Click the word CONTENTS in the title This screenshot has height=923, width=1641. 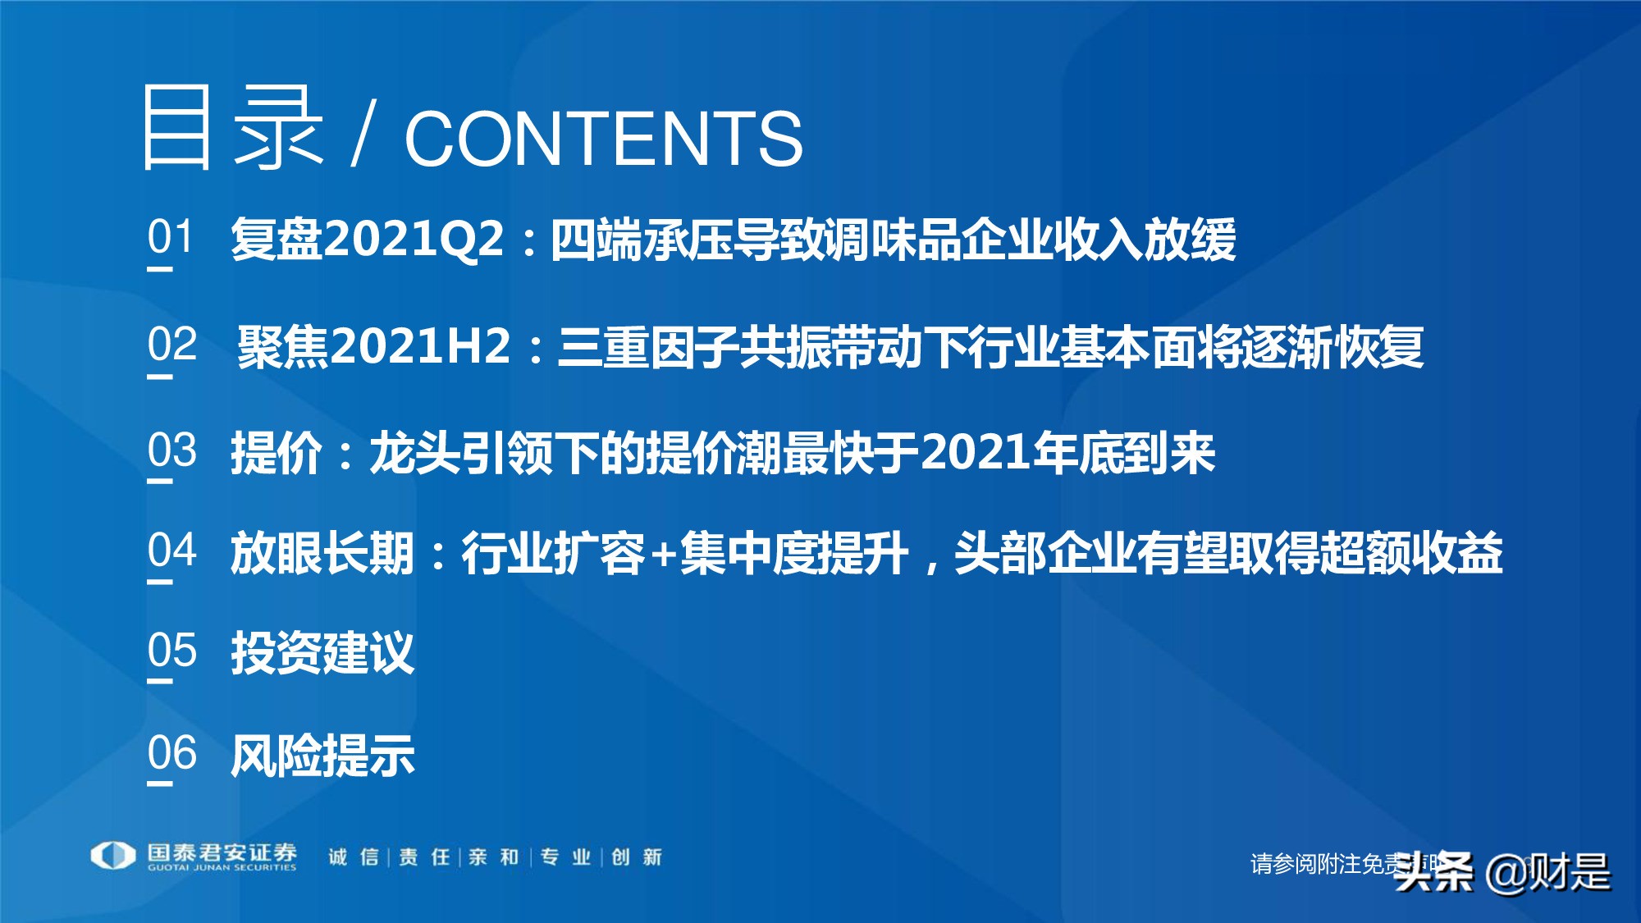pos(603,138)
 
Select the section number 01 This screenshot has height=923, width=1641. pos(171,237)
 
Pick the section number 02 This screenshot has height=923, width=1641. pos(172,344)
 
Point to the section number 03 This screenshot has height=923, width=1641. pos(172,450)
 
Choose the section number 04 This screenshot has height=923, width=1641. pos(172,550)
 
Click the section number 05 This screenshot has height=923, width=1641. pos(172,651)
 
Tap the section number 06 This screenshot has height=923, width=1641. pos(172,752)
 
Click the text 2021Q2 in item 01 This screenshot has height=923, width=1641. pos(414,239)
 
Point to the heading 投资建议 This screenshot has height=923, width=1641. pos(322,653)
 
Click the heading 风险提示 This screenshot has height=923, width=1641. pos(322,755)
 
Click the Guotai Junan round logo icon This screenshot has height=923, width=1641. pos(112,856)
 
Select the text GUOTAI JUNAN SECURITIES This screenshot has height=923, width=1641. pos(222,867)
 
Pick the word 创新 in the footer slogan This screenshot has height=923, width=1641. pos(637,857)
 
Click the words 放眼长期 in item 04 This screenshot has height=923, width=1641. pos(322,552)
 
